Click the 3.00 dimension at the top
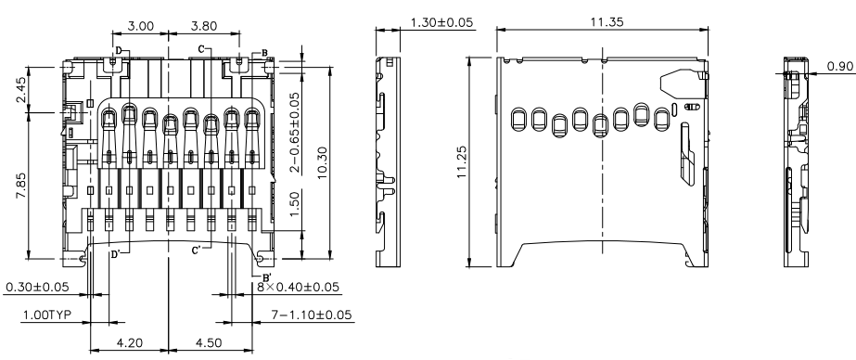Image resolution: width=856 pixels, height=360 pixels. coord(141,26)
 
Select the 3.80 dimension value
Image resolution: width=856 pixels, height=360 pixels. coord(204,26)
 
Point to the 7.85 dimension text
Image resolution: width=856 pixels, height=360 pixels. coord(20,186)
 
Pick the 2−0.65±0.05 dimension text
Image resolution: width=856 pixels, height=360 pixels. coord(294,133)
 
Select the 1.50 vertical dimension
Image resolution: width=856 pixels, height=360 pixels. coord(294,203)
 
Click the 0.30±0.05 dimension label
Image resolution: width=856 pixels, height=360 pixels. coord(37,287)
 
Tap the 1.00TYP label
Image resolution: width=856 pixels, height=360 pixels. coord(46,315)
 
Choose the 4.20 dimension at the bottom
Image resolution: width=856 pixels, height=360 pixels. coord(130,343)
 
